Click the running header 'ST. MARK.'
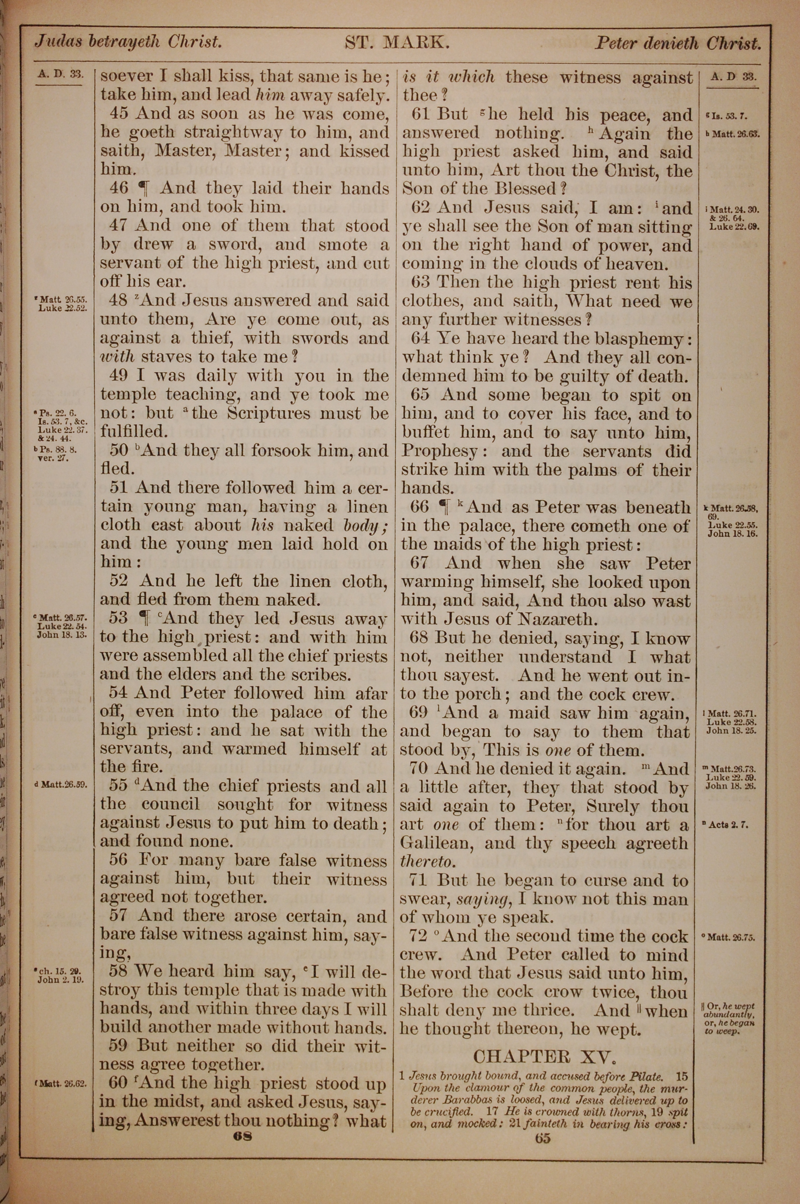pyautogui.click(x=397, y=42)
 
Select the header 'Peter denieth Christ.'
pyautogui.click(x=678, y=43)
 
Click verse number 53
pyautogui.click(x=118, y=618)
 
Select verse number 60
pyautogui.click(x=119, y=1083)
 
